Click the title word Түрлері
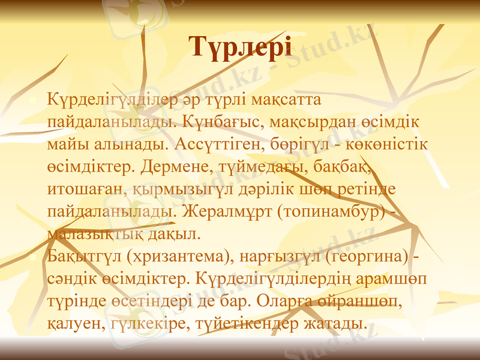pos(240,47)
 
